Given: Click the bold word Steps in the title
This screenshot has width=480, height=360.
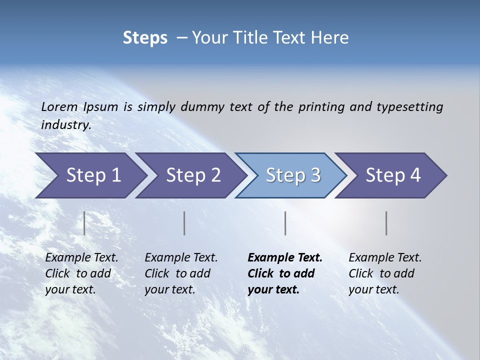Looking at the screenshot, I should [145, 38].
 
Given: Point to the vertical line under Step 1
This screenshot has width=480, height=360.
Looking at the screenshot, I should [84, 223].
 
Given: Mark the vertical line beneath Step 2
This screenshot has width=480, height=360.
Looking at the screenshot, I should [184, 223].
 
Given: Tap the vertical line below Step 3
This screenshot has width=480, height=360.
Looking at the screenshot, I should [285, 223].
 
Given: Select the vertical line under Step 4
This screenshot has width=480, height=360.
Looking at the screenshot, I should [386, 223].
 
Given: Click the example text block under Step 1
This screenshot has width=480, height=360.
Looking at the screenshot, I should [81, 273].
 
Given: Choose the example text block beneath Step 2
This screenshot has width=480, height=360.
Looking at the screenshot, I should [181, 273].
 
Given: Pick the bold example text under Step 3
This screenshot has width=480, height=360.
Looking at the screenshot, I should [285, 273].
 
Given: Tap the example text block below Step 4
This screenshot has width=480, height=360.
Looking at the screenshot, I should [385, 273].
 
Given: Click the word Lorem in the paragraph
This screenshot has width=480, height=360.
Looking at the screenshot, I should [59, 107].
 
